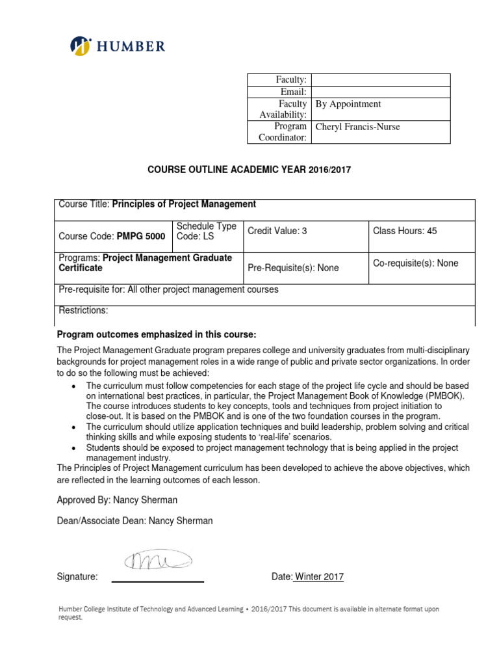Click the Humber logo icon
[81, 46]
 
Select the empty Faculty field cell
[381, 79]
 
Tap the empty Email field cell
[381, 92]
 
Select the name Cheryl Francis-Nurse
[357, 127]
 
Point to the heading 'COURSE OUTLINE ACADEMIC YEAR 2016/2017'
[249, 170]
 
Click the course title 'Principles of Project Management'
[184, 204]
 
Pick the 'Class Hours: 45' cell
[404, 231]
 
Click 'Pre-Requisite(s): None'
[293, 268]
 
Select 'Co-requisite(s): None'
[415, 263]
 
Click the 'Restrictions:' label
[83, 310]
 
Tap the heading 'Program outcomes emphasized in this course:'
[157, 334]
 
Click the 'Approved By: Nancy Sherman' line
[117, 500]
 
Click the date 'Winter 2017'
[319, 577]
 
